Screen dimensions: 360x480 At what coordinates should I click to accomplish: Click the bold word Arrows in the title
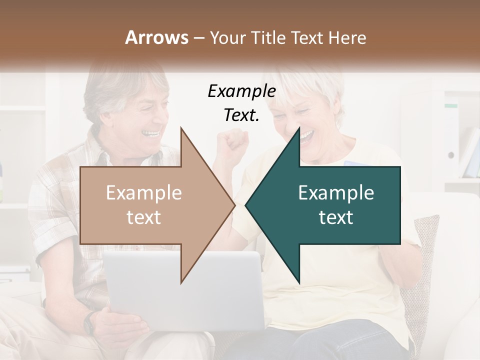(156, 37)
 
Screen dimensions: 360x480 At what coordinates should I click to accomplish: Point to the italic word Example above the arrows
(241, 91)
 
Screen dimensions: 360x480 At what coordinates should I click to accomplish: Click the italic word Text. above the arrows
(241, 115)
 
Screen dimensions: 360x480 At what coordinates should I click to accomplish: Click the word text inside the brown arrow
(143, 217)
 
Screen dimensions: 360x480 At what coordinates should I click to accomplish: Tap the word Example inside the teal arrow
(336, 193)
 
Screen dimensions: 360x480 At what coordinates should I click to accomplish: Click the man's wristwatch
(90, 322)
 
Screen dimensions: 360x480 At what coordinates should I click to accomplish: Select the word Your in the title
(227, 37)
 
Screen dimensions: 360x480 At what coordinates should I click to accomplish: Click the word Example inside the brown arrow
(143, 193)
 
